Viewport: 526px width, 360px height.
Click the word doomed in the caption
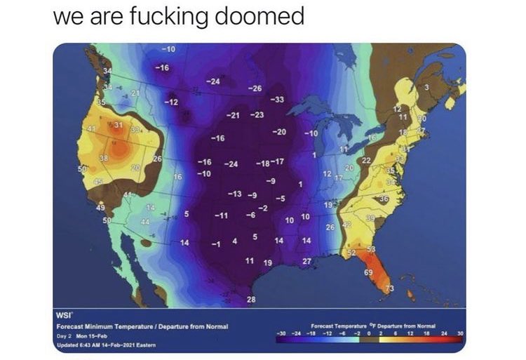click(x=263, y=15)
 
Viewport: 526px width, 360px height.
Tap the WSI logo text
click(x=65, y=315)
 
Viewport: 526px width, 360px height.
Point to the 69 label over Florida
click(x=368, y=271)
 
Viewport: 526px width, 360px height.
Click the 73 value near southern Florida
click(x=391, y=289)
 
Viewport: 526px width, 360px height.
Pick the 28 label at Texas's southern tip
click(x=252, y=300)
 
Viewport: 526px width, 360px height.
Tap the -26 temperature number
click(x=256, y=88)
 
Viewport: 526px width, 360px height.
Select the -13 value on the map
click(x=235, y=193)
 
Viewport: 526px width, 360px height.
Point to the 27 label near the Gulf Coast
click(x=306, y=261)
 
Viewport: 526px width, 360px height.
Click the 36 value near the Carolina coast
click(x=384, y=199)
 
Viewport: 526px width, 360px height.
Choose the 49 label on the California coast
click(x=101, y=208)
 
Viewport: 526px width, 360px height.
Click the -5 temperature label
click(x=278, y=199)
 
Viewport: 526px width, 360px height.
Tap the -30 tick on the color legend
click(x=281, y=333)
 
